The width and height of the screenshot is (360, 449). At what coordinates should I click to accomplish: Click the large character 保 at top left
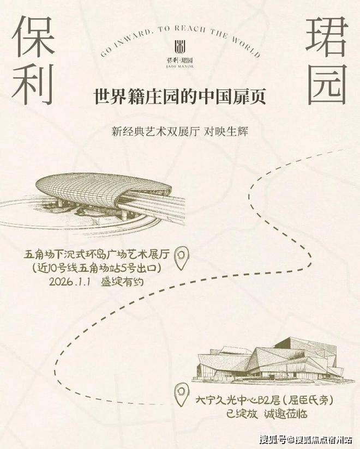33,36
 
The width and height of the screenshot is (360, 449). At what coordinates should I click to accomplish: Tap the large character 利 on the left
33,83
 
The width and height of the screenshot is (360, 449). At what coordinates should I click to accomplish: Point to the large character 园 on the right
327,84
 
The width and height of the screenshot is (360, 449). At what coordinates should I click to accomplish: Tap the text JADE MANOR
180,66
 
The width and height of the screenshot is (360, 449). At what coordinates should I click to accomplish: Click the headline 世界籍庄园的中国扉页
180,97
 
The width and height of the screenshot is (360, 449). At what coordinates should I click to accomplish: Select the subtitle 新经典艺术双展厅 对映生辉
180,132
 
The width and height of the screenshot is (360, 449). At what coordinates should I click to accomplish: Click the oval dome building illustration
94,201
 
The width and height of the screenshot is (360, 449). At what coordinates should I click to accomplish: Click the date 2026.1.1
70,282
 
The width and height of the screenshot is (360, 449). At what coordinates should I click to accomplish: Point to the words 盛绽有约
122,282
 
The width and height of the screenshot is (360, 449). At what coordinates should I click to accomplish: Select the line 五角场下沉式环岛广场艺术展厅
97,254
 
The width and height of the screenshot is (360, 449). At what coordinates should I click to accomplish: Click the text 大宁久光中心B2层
238,401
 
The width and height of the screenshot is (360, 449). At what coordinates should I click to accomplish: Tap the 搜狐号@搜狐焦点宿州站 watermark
306,439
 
